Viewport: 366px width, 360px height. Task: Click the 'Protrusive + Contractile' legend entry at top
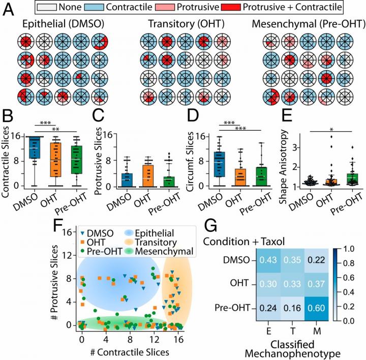(x=286, y=7)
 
